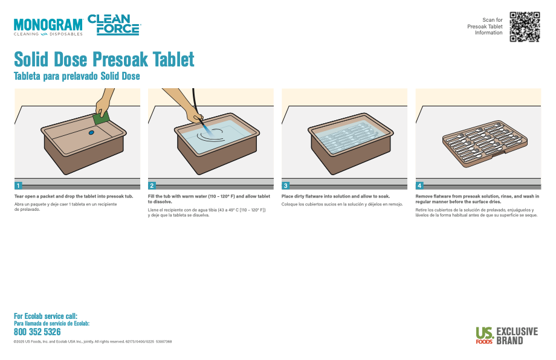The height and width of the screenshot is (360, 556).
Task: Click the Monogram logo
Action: coord(48,27)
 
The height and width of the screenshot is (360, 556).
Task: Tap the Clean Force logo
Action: coord(114,25)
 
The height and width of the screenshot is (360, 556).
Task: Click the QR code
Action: coord(525,27)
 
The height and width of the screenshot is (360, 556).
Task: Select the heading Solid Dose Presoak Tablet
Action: coord(104,59)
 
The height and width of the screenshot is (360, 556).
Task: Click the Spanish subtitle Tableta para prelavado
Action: coord(77,76)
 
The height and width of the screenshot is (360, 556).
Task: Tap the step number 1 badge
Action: coord(18,185)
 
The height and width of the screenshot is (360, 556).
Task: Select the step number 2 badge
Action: coord(152,185)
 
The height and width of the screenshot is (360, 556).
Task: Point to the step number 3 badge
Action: coord(285,185)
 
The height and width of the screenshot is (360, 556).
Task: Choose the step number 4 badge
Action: coord(419,185)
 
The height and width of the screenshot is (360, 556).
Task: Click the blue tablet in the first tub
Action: coord(91,132)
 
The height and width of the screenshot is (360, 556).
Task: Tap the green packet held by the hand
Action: coord(102,118)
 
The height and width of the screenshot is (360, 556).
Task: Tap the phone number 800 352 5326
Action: coord(37,332)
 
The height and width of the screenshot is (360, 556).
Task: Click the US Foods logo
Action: coord(484,335)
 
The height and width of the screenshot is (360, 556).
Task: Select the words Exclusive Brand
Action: coord(517,336)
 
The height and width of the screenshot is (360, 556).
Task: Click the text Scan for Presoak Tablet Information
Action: coord(485,26)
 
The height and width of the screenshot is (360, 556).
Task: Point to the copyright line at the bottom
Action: coord(92,341)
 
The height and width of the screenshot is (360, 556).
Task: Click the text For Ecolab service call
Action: coord(45,316)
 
